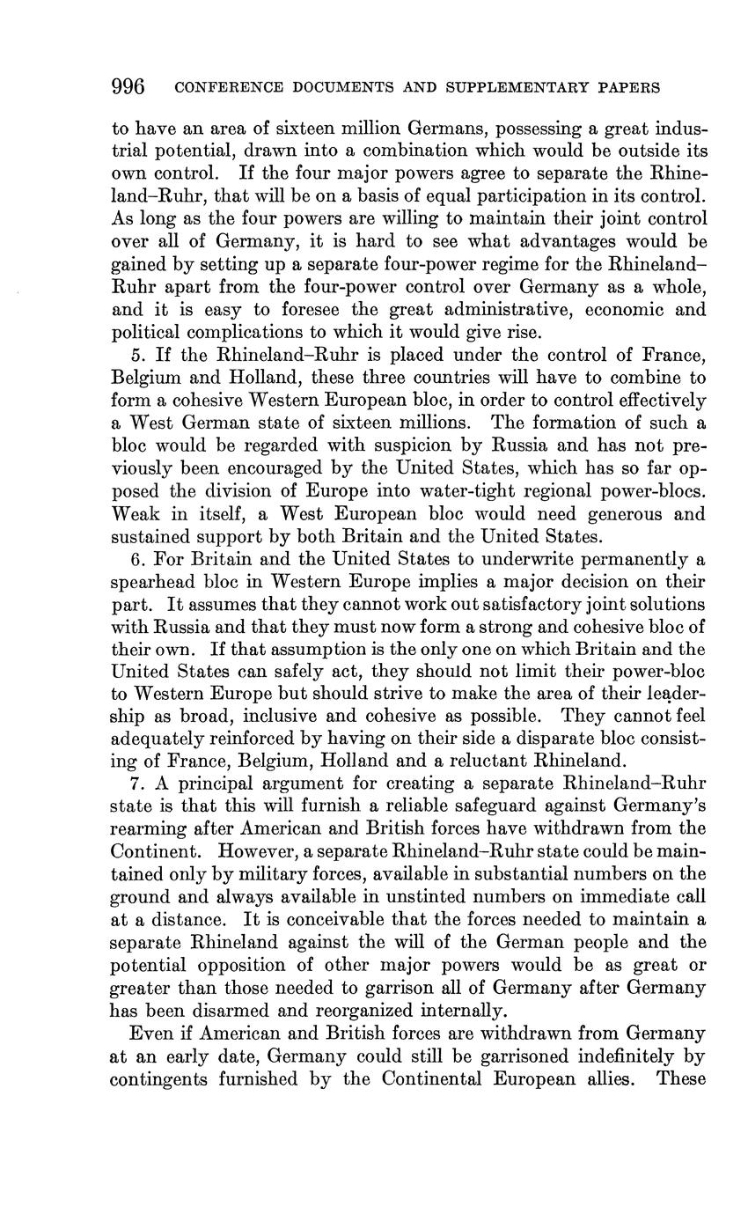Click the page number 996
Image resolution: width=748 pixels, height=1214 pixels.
click(x=128, y=86)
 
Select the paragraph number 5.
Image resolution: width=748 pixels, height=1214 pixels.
click(x=137, y=355)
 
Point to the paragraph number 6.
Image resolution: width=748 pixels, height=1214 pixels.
click(x=137, y=559)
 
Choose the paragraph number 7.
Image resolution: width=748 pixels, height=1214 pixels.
click(x=137, y=784)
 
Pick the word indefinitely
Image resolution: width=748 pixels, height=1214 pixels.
click(x=613, y=1056)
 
